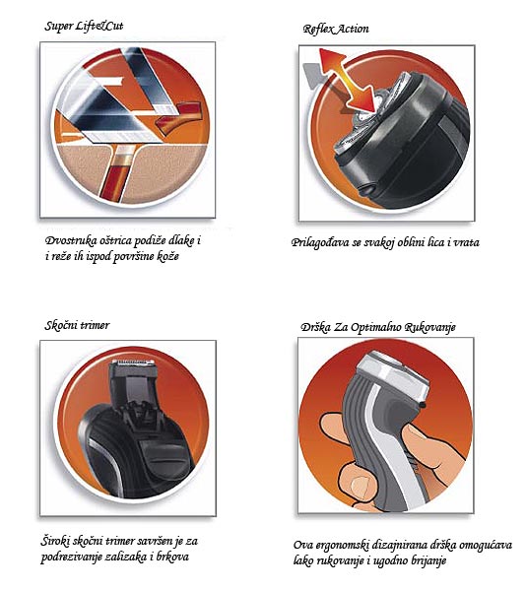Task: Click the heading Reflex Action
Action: (338, 29)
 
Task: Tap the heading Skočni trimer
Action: (78, 325)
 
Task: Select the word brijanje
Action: (424, 561)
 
